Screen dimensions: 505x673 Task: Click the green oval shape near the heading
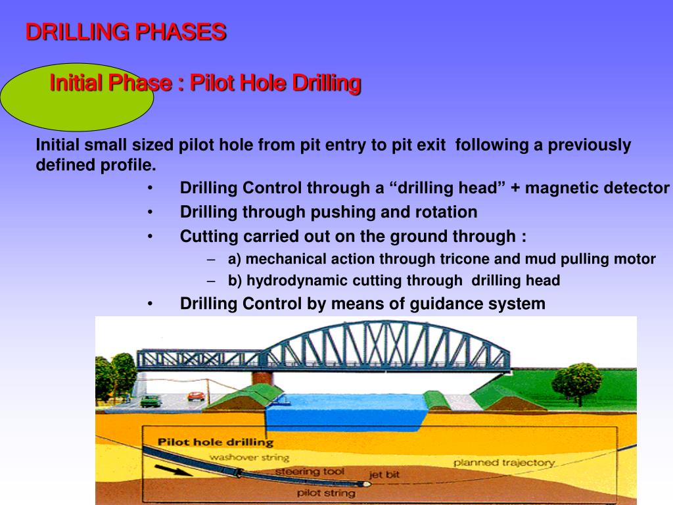[78, 98]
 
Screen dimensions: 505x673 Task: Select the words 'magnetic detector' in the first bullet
[597, 188]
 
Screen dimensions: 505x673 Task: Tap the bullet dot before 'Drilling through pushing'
[151, 212]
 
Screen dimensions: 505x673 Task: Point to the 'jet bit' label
[384, 473]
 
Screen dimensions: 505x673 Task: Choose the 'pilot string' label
[326, 493]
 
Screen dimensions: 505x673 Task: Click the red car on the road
[196, 396]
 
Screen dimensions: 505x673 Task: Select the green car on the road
[151, 400]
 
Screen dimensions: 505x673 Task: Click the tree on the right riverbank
[577, 381]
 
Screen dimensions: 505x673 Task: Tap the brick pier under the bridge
[264, 378]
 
